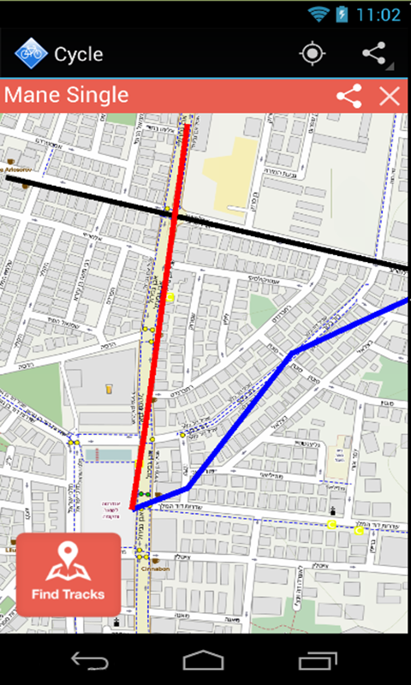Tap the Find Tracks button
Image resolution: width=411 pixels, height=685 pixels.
(x=68, y=575)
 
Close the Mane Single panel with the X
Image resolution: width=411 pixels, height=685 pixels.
(x=390, y=96)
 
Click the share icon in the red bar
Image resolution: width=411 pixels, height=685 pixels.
(x=348, y=96)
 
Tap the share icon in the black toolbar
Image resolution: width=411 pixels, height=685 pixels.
(x=374, y=54)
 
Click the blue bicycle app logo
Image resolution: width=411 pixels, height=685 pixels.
(x=30, y=54)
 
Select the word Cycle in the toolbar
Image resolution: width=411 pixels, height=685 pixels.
(x=79, y=54)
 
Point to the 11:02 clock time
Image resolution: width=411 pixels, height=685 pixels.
(x=378, y=15)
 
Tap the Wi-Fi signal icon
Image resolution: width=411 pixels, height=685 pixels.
(x=319, y=15)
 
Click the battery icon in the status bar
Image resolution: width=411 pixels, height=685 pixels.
(x=342, y=15)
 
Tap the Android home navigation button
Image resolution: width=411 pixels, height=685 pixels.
(x=204, y=660)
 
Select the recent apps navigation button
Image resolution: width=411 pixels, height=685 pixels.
(x=317, y=660)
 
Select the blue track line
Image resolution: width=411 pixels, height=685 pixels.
(x=248, y=411)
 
